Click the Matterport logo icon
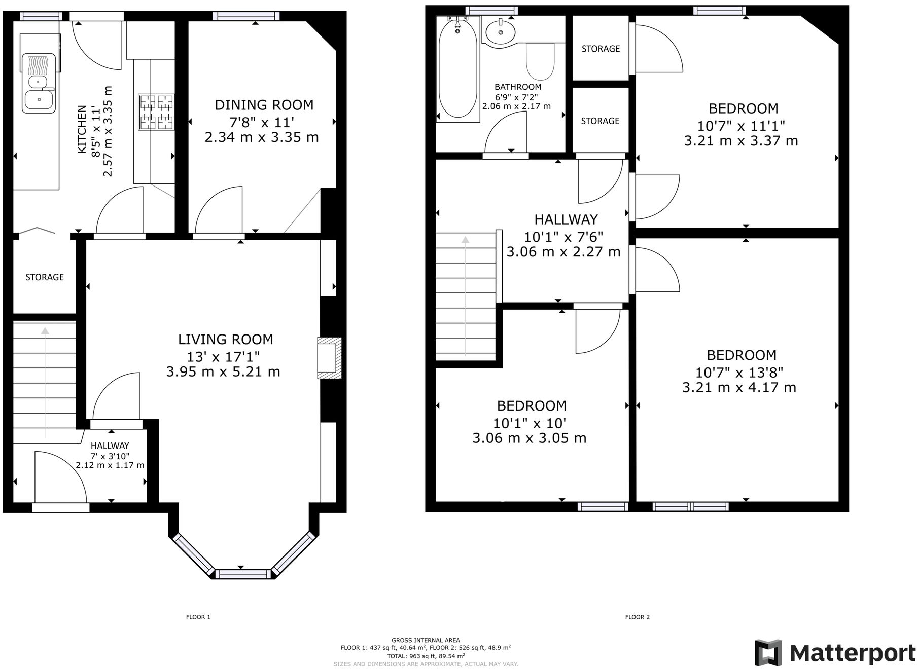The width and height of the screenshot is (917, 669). (x=767, y=653)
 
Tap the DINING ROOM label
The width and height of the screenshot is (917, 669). (x=264, y=105)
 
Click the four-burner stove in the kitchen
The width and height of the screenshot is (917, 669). (x=156, y=111)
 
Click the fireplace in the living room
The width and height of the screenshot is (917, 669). (x=330, y=358)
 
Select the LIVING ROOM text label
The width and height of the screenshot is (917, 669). (x=225, y=339)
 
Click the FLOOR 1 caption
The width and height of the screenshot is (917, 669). (x=198, y=617)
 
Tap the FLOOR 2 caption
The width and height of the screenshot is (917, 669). (x=637, y=617)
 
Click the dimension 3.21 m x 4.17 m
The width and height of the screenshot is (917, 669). (x=739, y=388)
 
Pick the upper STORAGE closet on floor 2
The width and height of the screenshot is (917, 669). (x=601, y=49)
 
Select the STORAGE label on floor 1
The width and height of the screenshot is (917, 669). (x=45, y=277)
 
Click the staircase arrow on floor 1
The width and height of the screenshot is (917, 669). (x=45, y=380)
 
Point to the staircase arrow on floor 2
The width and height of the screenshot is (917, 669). (x=465, y=294)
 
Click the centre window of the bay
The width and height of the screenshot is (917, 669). (x=241, y=574)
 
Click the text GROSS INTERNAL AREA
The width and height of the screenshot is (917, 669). (x=426, y=640)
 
